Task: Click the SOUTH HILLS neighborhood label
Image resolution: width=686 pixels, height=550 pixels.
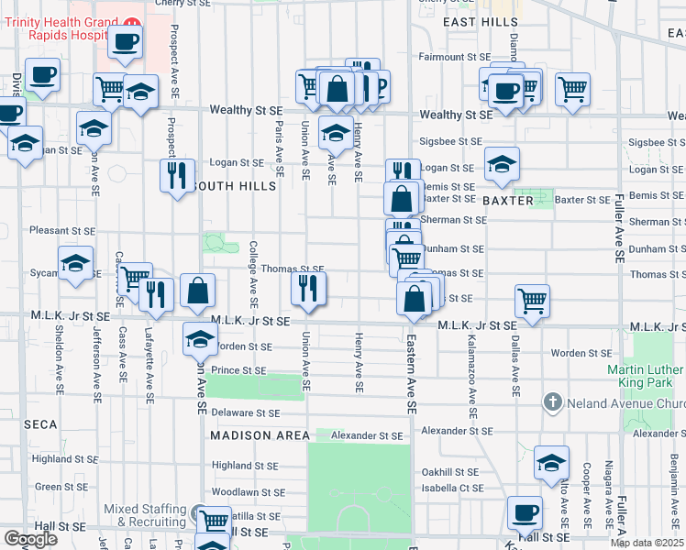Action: pyautogui.click(x=233, y=186)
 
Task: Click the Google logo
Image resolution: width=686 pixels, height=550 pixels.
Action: pyautogui.click(x=30, y=539)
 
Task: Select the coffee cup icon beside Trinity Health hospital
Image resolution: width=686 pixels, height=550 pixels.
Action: pyautogui.click(x=125, y=40)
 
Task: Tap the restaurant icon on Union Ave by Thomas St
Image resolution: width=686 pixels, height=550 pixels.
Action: pyautogui.click(x=309, y=287)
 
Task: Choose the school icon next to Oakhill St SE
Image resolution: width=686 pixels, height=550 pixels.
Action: pyautogui.click(x=551, y=462)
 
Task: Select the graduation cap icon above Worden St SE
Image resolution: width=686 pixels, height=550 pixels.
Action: pyautogui.click(x=200, y=338)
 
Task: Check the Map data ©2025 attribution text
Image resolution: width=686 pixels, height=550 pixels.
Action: pyautogui.click(x=647, y=544)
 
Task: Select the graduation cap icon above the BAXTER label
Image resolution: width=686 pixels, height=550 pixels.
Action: pyautogui.click(x=502, y=163)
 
